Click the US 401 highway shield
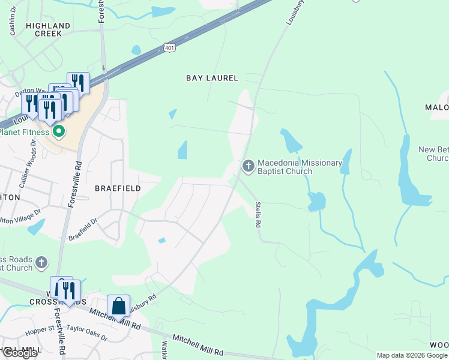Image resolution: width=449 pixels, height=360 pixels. (x=169, y=47)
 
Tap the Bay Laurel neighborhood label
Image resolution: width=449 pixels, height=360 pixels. (x=212, y=78)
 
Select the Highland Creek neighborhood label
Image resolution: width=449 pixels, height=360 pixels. (x=48, y=29)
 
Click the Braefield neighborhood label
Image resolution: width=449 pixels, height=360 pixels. (x=118, y=188)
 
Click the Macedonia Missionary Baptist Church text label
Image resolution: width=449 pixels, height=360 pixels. (x=300, y=167)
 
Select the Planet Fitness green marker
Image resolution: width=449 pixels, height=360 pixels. (x=58, y=131)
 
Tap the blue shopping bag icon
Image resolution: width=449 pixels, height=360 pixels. (x=119, y=305)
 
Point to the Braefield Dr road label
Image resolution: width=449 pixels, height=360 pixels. (x=83, y=228)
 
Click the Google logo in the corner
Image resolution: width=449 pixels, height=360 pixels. (x=19, y=353)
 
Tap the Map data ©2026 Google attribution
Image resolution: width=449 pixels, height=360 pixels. (x=412, y=355)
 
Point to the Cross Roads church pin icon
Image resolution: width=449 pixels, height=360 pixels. (x=41, y=262)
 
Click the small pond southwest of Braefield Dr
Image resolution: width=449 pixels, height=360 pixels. (x=35, y=226)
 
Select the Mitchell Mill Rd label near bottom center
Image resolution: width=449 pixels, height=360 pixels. (x=197, y=345)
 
